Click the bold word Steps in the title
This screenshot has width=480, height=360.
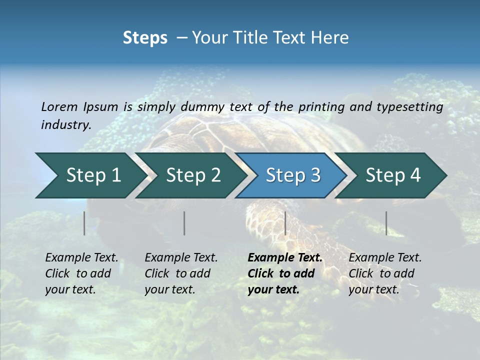tap(145, 38)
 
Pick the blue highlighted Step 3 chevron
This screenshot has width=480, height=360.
tap(293, 175)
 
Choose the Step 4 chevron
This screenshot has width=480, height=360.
tap(393, 175)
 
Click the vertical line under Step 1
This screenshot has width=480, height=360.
tap(84, 223)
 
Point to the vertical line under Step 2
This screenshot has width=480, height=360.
tap(184, 223)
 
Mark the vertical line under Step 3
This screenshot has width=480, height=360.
tap(285, 223)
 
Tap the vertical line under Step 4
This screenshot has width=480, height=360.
tap(386, 223)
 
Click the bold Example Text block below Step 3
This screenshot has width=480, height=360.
tap(285, 273)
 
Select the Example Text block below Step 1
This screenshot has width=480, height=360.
tap(81, 273)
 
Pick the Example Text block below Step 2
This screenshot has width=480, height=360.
tap(181, 273)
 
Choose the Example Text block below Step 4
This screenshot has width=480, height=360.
tap(385, 273)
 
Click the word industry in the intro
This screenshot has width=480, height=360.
tap(65, 125)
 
